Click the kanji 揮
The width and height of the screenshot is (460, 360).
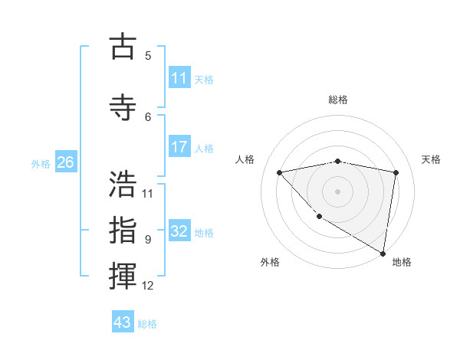(123, 277)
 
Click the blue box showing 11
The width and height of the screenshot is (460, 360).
(179, 78)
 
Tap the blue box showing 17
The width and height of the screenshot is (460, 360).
(179, 147)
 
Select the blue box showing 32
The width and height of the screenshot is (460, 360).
(179, 231)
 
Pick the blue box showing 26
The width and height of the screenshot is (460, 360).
(66, 162)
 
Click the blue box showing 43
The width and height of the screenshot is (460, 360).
(123, 322)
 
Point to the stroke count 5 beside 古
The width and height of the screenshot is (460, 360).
(148, 55)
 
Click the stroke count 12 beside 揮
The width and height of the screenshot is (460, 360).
(148, 286)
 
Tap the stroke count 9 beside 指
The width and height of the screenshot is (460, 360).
(148, 239)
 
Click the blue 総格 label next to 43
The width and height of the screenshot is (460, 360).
(147, 324)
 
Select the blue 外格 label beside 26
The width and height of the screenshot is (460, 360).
(41, 163)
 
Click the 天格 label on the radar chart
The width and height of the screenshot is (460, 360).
(431, 159)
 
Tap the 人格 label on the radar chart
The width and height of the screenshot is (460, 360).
(245, 159)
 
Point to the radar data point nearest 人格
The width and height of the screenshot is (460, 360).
(279, 172)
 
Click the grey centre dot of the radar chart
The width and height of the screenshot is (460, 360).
(337, 191)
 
